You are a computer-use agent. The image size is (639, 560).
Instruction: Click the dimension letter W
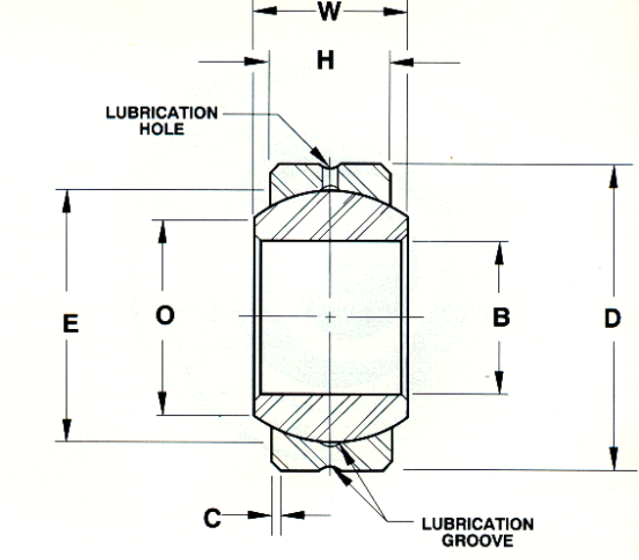click(330, 13)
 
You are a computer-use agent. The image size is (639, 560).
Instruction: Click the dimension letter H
click(327, 61)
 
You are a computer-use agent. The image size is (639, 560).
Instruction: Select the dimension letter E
click(70, 323)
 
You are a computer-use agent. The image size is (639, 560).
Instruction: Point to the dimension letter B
click(500, 317)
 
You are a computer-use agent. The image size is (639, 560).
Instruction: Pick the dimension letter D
click(613, 319)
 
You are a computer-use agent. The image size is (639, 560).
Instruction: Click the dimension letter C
click(212, 517)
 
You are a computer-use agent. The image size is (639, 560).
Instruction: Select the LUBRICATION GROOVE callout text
click(478, 532)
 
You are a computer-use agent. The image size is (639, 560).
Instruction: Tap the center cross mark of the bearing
click(331, 317)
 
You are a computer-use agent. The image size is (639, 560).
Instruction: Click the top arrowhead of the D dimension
click(614, 175)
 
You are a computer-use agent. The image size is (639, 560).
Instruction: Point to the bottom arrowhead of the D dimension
click(614, 461)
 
